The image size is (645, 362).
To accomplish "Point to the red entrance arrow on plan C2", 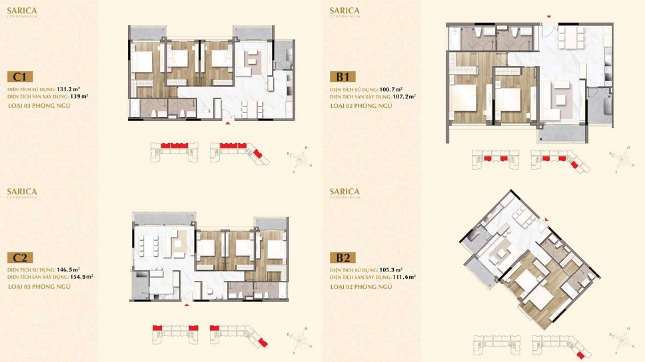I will (x=187, y=304).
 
